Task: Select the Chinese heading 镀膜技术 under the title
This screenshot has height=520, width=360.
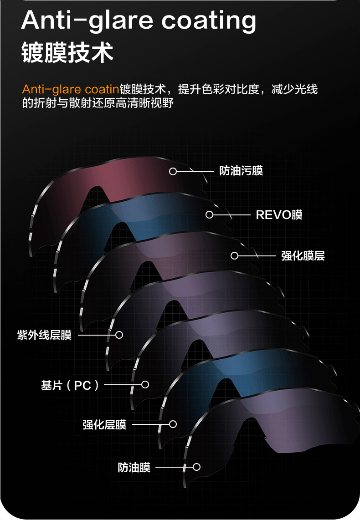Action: [67, 53]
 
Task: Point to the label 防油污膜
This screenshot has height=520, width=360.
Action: [241, 171]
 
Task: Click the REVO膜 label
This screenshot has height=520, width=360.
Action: [279, 214]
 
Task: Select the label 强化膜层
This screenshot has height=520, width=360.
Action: [303, 256]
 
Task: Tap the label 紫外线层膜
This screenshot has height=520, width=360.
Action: [44, 335]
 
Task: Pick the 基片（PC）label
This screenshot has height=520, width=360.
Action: [70, 385]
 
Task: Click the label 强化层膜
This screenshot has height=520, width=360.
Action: [104, 425]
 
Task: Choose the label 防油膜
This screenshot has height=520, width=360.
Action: [134, 468]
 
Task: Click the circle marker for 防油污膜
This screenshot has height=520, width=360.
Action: [173, 171]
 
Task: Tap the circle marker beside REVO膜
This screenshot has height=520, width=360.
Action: [209, 214]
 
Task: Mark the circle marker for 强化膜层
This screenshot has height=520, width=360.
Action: [234, 256]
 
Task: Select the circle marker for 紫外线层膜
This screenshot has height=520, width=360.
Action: [119, 335]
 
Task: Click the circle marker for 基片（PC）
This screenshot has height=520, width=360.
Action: [145, 385]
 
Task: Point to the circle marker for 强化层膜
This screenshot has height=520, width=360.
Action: [173, 424]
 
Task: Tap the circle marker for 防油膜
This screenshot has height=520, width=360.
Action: [197, 467]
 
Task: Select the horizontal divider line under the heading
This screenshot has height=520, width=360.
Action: [180, 74]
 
